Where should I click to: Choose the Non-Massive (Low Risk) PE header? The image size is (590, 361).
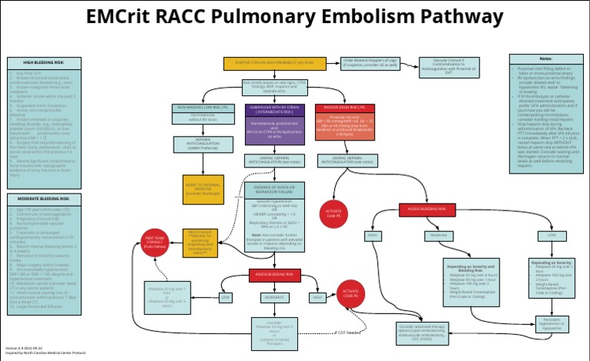[x=204, y=108]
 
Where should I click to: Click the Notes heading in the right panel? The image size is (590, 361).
[x=545, y=58]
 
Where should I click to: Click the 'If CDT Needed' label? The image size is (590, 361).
[x=347, y=333]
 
